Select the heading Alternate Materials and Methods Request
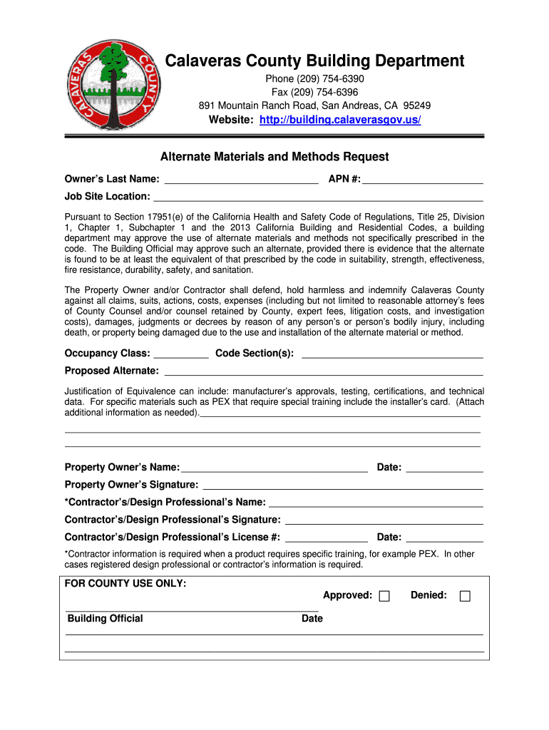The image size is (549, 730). [274, 156]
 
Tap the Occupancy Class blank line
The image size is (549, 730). [181, 353]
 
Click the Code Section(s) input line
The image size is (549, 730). [393, 353]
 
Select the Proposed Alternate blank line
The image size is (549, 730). [324, 371]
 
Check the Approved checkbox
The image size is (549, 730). [384, 596]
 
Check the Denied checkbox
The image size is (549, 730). [465, 596]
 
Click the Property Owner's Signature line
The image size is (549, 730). [344, 485]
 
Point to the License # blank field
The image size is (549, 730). [327, 538]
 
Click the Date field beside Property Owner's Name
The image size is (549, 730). [444, 468]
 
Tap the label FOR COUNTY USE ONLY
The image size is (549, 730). [125, 583]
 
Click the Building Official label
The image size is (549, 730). [105, 618]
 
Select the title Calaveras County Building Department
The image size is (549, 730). [314, 61]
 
